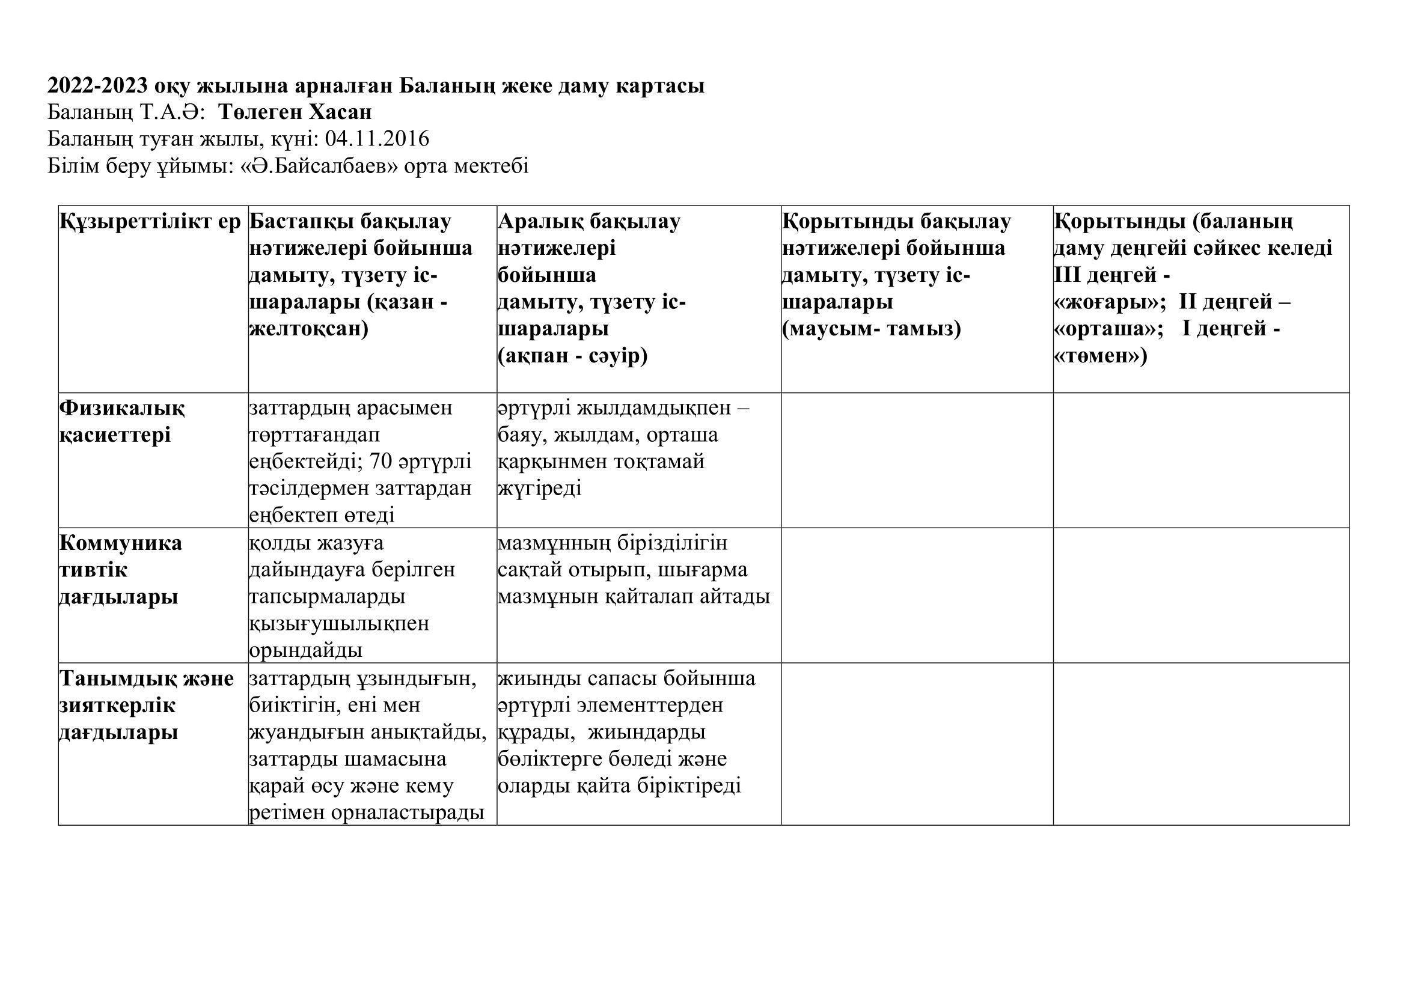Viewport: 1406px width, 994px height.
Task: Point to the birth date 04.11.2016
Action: point(377,139)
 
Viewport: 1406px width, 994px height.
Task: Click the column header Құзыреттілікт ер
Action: point(151,222)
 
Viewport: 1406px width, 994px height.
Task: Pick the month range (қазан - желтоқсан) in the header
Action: point(347,316)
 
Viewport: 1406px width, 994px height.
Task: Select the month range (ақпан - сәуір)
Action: point(573,356)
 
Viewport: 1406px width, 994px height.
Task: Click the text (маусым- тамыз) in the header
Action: point(872,329)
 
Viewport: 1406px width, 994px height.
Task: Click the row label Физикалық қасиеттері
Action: point(121,422)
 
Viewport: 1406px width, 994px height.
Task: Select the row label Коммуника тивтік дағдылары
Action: point(120,570)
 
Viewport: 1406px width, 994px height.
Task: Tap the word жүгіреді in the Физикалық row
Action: point(539,489)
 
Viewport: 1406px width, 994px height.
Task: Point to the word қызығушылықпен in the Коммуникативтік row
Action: point(339,624)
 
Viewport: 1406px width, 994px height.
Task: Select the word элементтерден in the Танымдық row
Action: point(650,705)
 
